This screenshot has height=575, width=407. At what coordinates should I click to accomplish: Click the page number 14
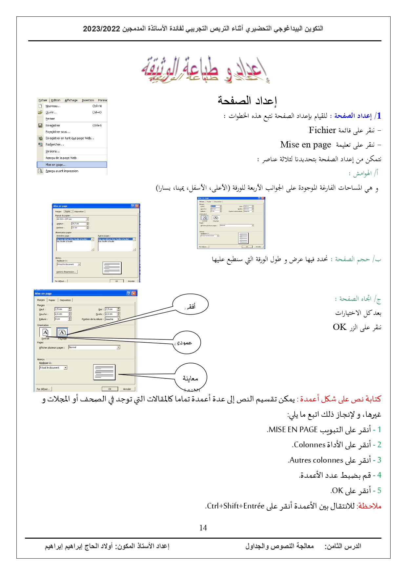click(203, 527)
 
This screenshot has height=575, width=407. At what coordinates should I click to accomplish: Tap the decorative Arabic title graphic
click(205, 70)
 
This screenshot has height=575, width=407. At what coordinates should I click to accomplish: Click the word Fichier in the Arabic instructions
click(322, 130)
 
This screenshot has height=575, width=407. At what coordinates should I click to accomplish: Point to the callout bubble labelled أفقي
click(190, 305)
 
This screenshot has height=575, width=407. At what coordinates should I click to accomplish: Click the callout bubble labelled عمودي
click(186, 342)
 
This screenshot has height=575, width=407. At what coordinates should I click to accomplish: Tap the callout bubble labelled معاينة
click(191, 378)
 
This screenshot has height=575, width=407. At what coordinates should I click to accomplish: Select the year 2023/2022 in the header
click(101, 29)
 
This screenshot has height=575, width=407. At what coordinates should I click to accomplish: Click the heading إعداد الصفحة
click(247, 100)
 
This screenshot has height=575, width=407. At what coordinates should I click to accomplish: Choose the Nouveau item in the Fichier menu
click(53, 106)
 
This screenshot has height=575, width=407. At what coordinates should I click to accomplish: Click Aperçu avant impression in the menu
click(62, 171)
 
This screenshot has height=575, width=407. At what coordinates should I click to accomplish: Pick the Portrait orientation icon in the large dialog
click(45, 332)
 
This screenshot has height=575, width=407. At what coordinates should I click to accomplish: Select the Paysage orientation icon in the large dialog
click(62, 332)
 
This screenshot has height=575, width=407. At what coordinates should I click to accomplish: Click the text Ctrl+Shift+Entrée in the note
click(236, 506)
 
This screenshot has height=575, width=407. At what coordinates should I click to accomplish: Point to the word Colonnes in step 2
click(310, 445)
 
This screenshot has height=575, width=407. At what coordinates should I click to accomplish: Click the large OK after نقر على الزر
click(339, 327)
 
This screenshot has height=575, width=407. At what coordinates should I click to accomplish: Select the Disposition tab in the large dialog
click(65, 300)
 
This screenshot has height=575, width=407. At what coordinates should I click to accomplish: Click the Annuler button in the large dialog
click(127, 389)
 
